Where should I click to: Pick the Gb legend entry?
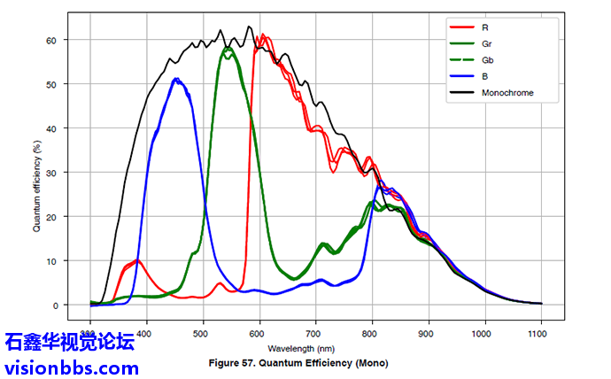pos(487,60)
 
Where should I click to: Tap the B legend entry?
pos(484,76)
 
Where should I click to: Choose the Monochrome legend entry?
pos(507,92)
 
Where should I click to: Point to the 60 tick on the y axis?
pos(52,41)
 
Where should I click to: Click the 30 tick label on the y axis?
pos(52,173)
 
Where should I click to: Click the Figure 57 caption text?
pos(298,363)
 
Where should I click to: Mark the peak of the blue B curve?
pos(177,80)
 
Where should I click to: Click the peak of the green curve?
pos(228,49)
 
